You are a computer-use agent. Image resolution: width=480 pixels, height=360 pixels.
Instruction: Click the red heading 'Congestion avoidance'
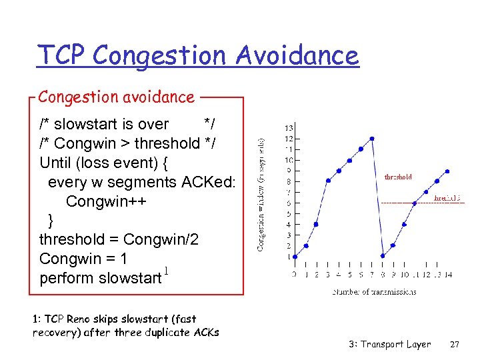[116, 97]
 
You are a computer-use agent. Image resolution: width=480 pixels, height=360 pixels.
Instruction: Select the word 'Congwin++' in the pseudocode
[107, 201]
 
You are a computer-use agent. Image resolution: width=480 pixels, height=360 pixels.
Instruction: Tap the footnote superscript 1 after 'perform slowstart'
[166, 271]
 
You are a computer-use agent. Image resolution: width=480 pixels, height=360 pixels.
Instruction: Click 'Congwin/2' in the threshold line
[161, 239]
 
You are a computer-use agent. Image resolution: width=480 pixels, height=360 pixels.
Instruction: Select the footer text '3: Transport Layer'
[389, 345]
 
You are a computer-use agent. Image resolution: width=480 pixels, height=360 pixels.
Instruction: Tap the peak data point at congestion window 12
[371, 139]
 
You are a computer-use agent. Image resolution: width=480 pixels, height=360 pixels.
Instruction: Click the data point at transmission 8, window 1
[383, 257]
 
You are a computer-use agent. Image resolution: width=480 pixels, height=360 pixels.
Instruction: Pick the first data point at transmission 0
[295, 257]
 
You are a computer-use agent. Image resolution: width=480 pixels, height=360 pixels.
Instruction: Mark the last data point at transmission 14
[448, 170]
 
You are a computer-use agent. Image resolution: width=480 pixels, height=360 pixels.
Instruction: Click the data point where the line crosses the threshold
[415, 203]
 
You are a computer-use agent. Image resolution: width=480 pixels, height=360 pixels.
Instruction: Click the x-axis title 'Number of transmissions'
[374, 291]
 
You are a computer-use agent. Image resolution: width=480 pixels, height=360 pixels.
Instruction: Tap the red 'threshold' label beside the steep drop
[398, 177]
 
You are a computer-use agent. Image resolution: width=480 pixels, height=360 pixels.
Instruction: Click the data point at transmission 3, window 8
[327, 181]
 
